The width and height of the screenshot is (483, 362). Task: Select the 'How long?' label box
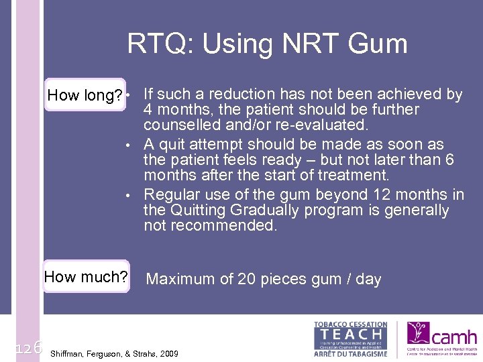coord(85,96)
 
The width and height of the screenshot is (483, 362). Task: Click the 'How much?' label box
coord(86,277)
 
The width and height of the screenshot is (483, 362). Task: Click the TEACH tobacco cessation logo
coord(350,339)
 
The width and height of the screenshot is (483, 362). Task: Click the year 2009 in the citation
coord(168,353)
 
